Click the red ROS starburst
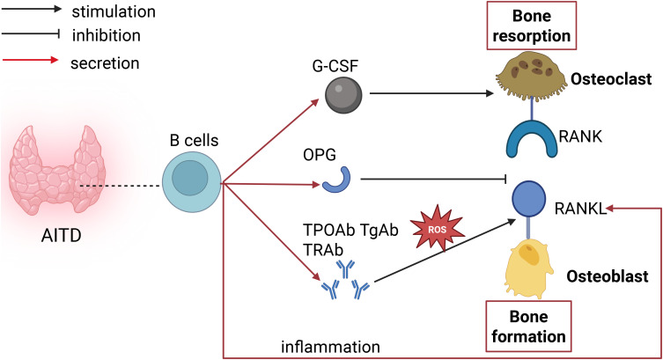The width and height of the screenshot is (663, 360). [x=438, y=230]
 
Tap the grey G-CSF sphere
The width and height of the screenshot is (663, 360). [x=343, y=95]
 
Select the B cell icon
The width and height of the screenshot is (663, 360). [x=192, y=182]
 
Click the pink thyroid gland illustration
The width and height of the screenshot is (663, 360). [x=57, y=171]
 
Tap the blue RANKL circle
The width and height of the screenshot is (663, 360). [x=529, y=199]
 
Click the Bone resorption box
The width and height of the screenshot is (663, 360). [x=532, y=26]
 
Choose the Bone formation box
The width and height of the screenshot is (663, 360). [x=529, y=327]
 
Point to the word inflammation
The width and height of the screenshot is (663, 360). [x=331, y=347]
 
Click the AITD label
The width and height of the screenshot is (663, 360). [x=62, y=236]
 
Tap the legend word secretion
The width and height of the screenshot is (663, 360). [x=105, y=63]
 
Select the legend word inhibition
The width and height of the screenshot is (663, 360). [x=107, y=35]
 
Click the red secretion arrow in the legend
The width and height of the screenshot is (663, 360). [x=31, y=60]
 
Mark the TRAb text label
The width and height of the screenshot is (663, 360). [x=323, y=250]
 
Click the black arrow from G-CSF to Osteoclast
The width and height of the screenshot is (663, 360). [x=431, y=93]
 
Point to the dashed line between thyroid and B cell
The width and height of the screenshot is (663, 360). [x=121, y=186]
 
